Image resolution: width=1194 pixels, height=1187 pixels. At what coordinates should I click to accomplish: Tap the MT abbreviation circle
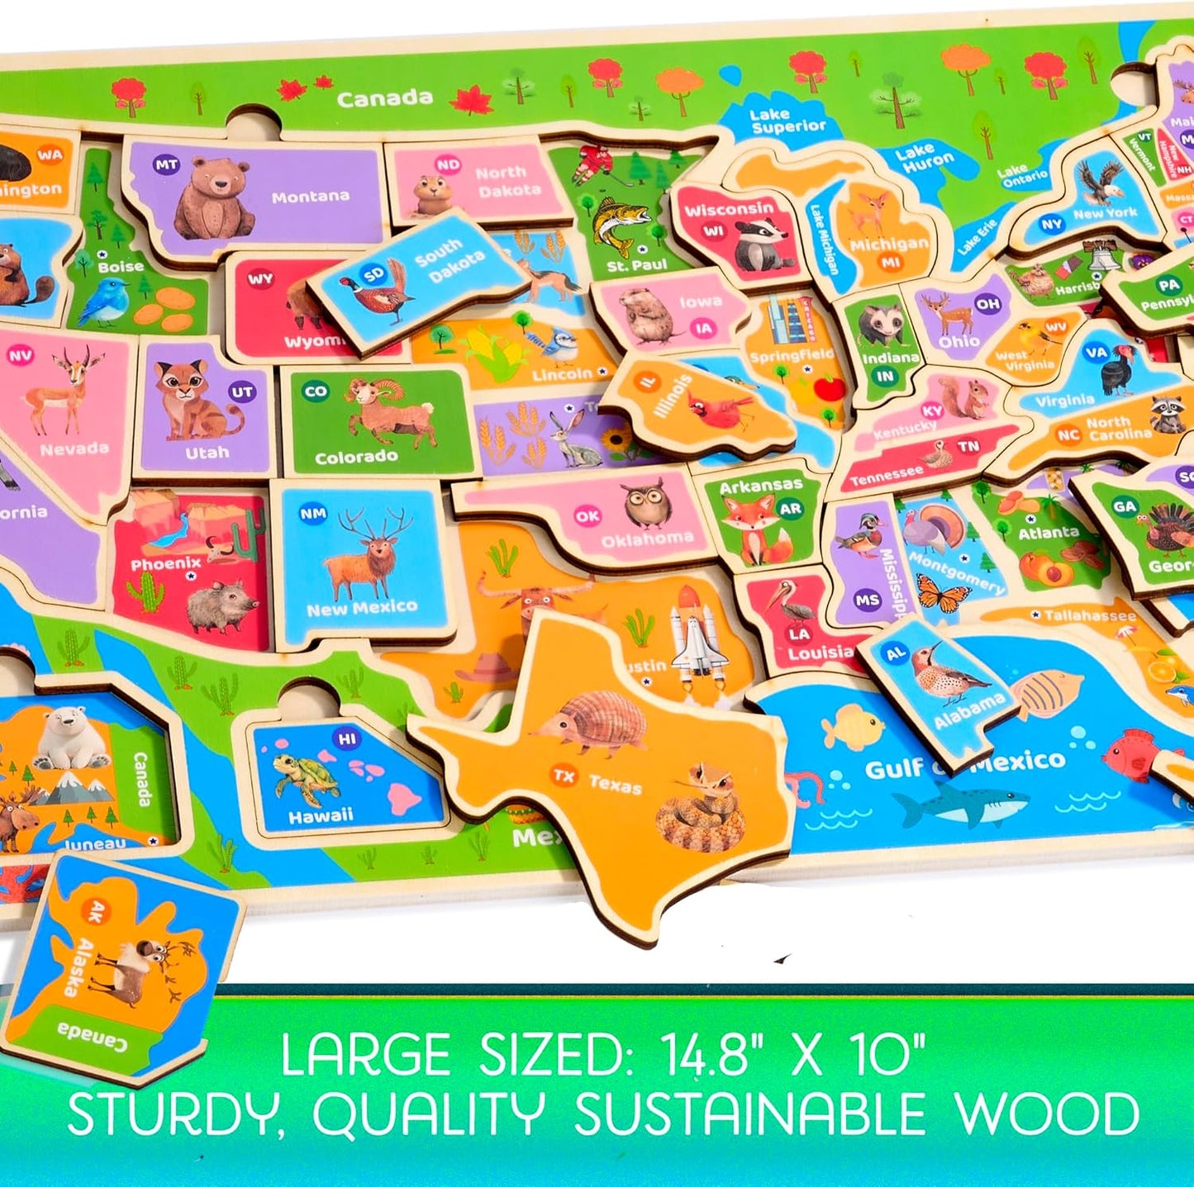pyautogui.click(x=167, y=165)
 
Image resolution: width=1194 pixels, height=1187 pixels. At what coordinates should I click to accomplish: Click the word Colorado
pyautogui.click(x=356, y=457)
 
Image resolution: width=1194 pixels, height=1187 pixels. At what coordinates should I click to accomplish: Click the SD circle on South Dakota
pyautogui.click(x=373, y=274)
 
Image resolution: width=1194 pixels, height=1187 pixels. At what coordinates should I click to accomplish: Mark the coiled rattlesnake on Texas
pyautogui.click(x=701, y=805)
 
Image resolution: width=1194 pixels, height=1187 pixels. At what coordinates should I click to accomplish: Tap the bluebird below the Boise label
pyautogui.click(x=104, y=302)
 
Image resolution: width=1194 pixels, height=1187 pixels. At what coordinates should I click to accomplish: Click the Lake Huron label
pyautogui.click(x=925, y=159)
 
